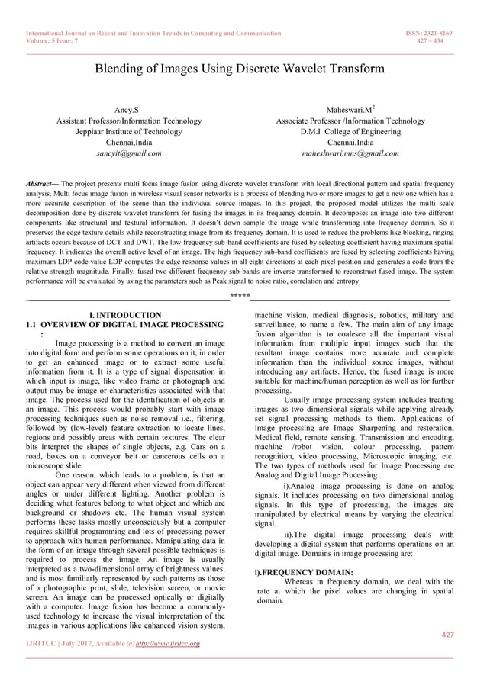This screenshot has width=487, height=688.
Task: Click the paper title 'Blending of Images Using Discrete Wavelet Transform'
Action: tap(239, 69)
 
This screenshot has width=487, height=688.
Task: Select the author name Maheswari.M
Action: tap(350, 110)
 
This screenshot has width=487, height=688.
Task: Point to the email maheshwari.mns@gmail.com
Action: tap(350, 153)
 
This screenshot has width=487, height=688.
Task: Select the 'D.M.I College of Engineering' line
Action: tap(350, 131)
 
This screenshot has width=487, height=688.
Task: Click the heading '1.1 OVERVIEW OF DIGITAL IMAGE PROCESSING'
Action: tap(125, 325)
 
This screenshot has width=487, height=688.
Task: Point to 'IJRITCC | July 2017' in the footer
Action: tap(61, 645)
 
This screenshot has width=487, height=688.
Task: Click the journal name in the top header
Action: tap(153, 34)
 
